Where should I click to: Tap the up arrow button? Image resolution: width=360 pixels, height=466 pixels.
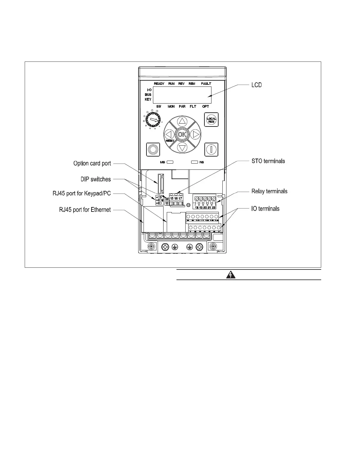click(182, 121)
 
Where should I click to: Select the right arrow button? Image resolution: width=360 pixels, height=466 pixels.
click(195, 134)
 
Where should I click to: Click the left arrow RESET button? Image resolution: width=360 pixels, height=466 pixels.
click(169, 135)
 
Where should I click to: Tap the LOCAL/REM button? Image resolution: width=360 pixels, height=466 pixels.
click(211, 120)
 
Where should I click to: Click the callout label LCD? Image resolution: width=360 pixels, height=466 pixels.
click(256, 85)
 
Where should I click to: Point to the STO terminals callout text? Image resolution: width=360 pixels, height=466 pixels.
click(268, 161)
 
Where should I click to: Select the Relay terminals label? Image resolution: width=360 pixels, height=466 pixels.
click(269, 191)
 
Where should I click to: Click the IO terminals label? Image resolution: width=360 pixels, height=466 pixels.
click(265, 209)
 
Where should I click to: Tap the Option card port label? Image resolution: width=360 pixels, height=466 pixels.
click(92, 163)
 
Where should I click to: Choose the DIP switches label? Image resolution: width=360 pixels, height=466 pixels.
click(96, 179)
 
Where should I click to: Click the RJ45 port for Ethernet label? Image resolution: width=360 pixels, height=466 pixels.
click(85, 210)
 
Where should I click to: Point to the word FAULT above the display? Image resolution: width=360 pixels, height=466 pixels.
click(206, 84)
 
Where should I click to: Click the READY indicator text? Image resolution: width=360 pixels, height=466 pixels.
click(159, 84)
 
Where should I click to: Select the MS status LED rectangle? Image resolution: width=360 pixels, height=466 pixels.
click(170, 162)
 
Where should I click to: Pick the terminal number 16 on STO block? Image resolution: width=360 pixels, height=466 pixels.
click(176, 199)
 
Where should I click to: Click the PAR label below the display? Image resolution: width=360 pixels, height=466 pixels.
click(182, 106)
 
